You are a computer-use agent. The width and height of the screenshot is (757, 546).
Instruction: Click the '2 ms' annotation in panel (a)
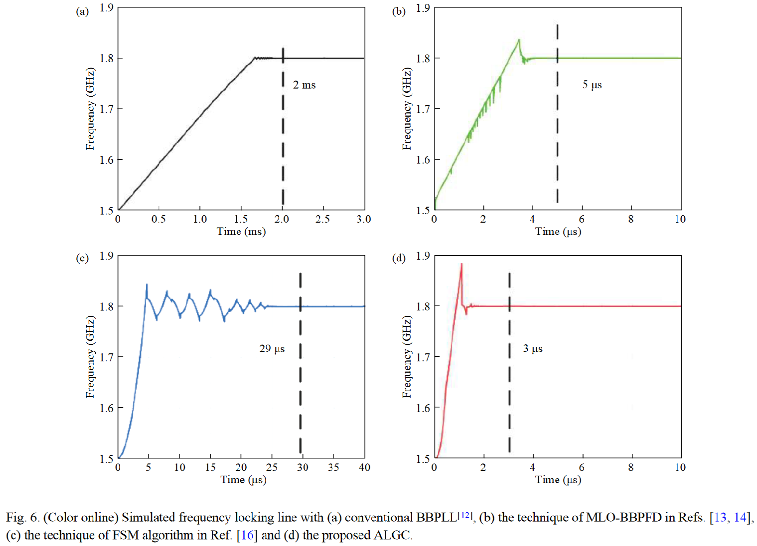[x=304, y=85]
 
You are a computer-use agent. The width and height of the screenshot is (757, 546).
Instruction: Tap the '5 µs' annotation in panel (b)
[x=592, y=85]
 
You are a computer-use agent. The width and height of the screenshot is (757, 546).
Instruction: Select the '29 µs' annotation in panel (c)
[x=272, y=349]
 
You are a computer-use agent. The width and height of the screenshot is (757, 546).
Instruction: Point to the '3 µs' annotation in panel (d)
[x=532, y=349]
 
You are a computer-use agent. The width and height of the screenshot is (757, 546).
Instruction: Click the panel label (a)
[x=82, y=12]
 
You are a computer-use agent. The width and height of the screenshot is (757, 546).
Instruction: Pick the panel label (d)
[x=398, y=258]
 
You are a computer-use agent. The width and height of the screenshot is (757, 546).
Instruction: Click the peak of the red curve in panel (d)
[x=461, y=264]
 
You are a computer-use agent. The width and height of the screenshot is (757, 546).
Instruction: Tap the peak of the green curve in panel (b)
[x=519, y=40]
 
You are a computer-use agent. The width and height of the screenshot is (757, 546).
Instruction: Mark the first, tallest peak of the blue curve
[x=147, y=285]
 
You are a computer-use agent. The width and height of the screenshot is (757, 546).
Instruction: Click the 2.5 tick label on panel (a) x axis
[x=322, y=220]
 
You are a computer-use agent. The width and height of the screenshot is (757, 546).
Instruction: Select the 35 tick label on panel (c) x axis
[x=333, y=468]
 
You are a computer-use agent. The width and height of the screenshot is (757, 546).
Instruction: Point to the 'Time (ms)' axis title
[x=241, y=232]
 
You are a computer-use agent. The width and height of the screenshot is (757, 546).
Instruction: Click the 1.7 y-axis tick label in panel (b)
[x=423, y=109]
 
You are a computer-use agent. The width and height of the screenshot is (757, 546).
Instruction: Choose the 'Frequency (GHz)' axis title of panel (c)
[x=90, y=357]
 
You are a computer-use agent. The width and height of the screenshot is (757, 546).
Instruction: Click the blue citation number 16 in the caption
[x=247, y=535]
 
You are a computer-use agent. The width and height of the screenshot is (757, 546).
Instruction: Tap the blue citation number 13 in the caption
[x=720, y=518]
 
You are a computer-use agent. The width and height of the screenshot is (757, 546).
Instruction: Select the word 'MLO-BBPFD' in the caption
[x=624, y=518]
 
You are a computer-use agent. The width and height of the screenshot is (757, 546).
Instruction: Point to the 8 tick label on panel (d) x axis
[x=630, y=468]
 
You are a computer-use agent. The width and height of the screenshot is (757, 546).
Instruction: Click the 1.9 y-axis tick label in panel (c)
[x=106, y=256]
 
